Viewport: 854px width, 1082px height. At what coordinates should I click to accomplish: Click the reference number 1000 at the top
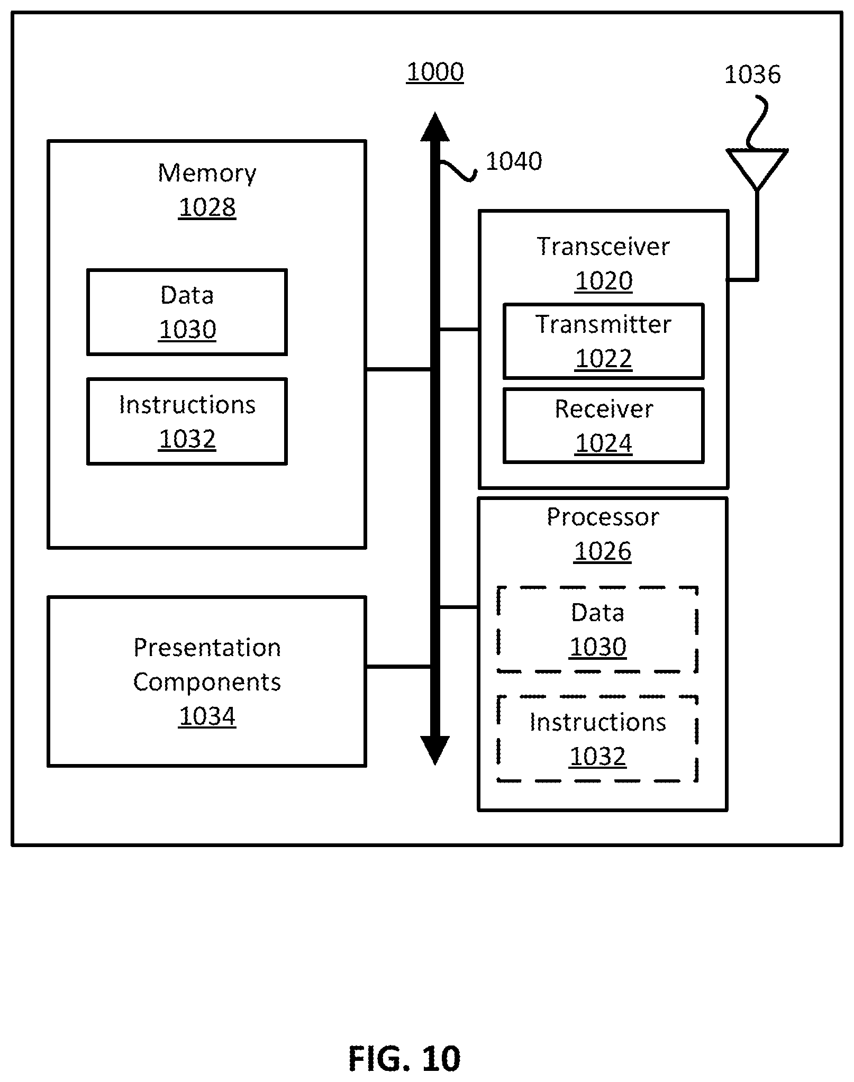coord(435,72)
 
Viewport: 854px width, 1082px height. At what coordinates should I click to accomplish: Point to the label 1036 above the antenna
coord(752,75)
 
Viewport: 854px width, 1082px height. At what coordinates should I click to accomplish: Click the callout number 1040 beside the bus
coord(514,161)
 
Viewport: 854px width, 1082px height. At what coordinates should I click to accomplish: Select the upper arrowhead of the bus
coord(435,127)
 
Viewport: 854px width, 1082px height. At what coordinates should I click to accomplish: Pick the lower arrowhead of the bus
coord(435,750)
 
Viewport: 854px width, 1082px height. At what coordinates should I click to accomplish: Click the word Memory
coord(207,174)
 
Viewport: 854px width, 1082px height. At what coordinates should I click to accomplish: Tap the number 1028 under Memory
coord(207,207)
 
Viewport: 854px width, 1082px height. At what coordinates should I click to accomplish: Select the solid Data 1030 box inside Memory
coord(187,312)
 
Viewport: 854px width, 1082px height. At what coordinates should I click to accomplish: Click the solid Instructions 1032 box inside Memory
coord(187,422)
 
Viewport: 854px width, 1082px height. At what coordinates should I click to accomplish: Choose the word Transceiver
coord(603,247)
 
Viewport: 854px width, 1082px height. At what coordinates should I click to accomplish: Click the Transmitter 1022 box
coord(603,341)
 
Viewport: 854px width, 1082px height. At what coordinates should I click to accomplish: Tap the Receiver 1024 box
coord(603,426)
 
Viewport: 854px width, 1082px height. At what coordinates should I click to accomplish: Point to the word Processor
coord(603,517)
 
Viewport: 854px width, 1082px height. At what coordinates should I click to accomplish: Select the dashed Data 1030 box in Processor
coord(597,629)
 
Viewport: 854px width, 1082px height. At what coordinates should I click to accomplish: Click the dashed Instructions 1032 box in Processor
coord(597,739)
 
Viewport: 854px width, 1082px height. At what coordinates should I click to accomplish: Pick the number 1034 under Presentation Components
coord(207,716)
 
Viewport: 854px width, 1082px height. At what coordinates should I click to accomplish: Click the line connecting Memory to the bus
coord(398,369)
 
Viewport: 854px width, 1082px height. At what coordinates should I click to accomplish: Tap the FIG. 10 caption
coord(404,1058)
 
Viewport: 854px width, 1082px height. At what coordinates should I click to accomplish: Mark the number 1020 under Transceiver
coord(603,281)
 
